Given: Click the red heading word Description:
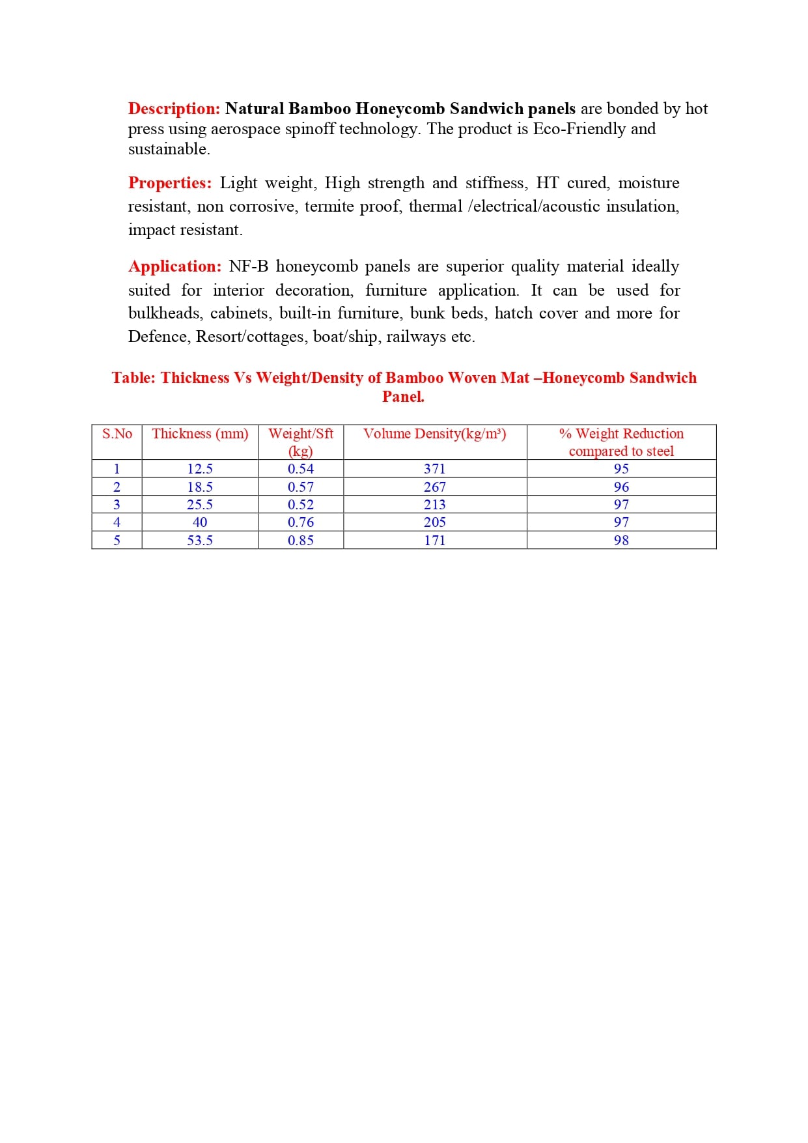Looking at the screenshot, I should pyautogui.click(x=174, y=109).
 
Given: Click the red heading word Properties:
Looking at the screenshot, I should pyautogui.click(x=170, y=183).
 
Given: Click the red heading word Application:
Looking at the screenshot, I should pyautogui.click(x=174, y=266).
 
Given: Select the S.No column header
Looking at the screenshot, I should pyautogui.click(x=117, y=434).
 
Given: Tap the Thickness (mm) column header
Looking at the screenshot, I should pyautogui.click(x=200, y=434).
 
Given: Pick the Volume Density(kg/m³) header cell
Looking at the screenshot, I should pyautogui.click(x=434, y=434).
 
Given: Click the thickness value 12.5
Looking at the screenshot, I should pyautogui.click(x=200, y=469).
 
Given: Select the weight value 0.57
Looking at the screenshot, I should pyautogui.click(x=301, y=487).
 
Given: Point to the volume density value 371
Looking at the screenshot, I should pyautogui.click(x=434, y=469).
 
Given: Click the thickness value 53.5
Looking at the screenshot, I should pyautogui.click(x=200, y=541).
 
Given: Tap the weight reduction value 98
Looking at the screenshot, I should pyautogui.click(x=621, y=541).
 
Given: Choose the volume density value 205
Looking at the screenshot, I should pyautogui.click(x=434, y=522).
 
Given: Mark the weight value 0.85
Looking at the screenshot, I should pyautogui.click(x=301, y=541).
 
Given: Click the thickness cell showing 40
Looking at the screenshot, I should pyautogui.click(x=200, y=522).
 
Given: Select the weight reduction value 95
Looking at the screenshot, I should pyautogui.click(x=621, y=469).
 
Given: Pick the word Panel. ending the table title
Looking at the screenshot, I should pyautogui.click(x=403, y=397).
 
